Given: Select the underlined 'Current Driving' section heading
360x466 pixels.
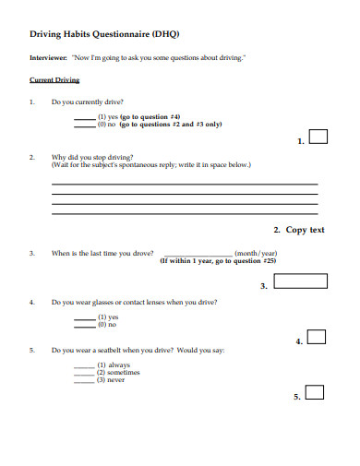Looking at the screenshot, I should click(55, 80).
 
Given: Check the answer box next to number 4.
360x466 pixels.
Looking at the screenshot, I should click(316, 337).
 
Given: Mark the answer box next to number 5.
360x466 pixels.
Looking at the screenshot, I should click(314, 392).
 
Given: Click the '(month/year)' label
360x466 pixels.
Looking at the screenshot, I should click(257, 252).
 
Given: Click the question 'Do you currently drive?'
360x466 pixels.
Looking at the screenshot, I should click(88, 102).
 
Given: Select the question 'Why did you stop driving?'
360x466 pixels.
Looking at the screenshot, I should click(92, 157).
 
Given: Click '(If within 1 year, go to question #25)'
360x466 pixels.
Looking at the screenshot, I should click(218, 260).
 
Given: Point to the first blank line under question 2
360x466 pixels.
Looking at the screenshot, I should click(185, 184).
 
